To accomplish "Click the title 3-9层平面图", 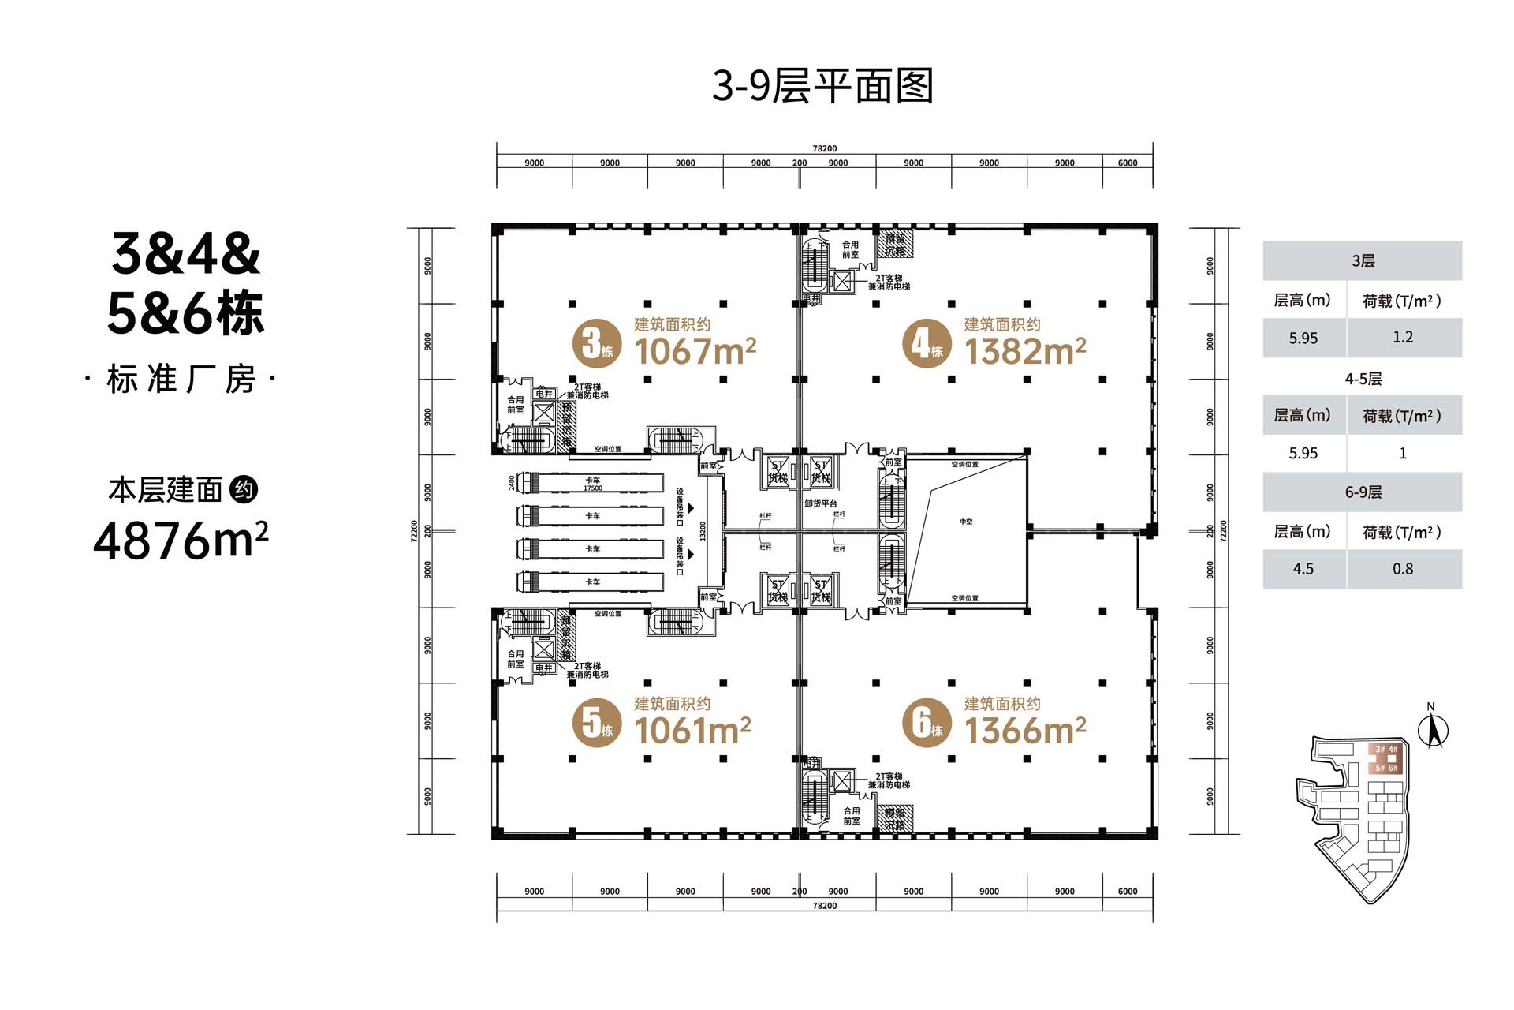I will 823,86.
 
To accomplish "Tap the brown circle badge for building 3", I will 596,344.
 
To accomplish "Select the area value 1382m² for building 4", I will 1025,351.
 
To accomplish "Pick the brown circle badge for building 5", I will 596,723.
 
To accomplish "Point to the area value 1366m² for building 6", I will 1025,730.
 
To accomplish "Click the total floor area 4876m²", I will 181,541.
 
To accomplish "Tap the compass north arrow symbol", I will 1433,731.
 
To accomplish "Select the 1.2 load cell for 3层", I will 1403,338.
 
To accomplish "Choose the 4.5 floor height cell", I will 1303,569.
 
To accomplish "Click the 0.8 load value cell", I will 1403,569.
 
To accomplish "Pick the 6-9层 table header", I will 1363,492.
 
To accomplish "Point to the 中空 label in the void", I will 966,522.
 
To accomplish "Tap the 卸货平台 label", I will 821,503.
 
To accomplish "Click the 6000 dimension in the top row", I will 1128,163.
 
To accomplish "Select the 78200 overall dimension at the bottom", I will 824,906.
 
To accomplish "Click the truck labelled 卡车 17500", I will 591,483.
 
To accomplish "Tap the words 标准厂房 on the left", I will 181,380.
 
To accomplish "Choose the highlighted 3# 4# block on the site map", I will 1385,750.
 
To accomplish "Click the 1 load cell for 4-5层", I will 1403,454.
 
